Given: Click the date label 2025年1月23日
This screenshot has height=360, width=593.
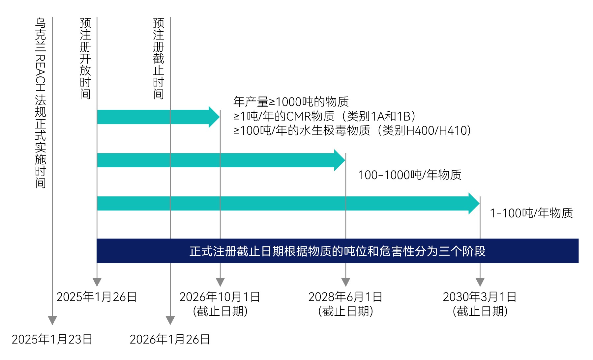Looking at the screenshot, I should pos(52,339).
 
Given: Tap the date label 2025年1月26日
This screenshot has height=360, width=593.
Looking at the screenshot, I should pos(97,297).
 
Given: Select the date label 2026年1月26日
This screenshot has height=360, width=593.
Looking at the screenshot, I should pos(170,339).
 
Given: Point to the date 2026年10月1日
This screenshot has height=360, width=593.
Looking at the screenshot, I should pos(220,297).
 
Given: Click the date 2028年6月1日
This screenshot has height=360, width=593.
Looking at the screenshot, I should pos(345,297).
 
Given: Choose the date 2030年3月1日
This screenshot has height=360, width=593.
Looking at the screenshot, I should pos(480,297).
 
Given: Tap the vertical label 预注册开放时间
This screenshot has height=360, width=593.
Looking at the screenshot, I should pos(85,59).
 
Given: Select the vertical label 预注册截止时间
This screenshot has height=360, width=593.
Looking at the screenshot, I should pos(159,59).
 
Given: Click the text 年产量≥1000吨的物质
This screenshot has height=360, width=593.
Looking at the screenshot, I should pos(291,102).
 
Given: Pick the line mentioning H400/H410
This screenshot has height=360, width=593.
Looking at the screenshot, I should pos(352,131).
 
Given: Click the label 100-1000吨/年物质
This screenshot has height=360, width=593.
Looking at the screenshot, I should pos(410,175).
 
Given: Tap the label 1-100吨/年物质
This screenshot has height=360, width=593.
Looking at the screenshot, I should pos(531,213).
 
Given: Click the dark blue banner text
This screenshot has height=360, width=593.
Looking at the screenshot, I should pos(337,251).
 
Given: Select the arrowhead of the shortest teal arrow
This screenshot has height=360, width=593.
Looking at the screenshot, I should pos(214,117).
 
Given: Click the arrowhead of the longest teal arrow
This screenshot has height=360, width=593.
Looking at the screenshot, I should pos(474,204).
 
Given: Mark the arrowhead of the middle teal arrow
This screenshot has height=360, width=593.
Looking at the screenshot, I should pos(340,160).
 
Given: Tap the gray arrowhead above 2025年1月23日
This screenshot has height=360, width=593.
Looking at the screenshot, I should pos(52,320).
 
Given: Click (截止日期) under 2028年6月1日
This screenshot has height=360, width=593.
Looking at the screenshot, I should pos(345,311).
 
